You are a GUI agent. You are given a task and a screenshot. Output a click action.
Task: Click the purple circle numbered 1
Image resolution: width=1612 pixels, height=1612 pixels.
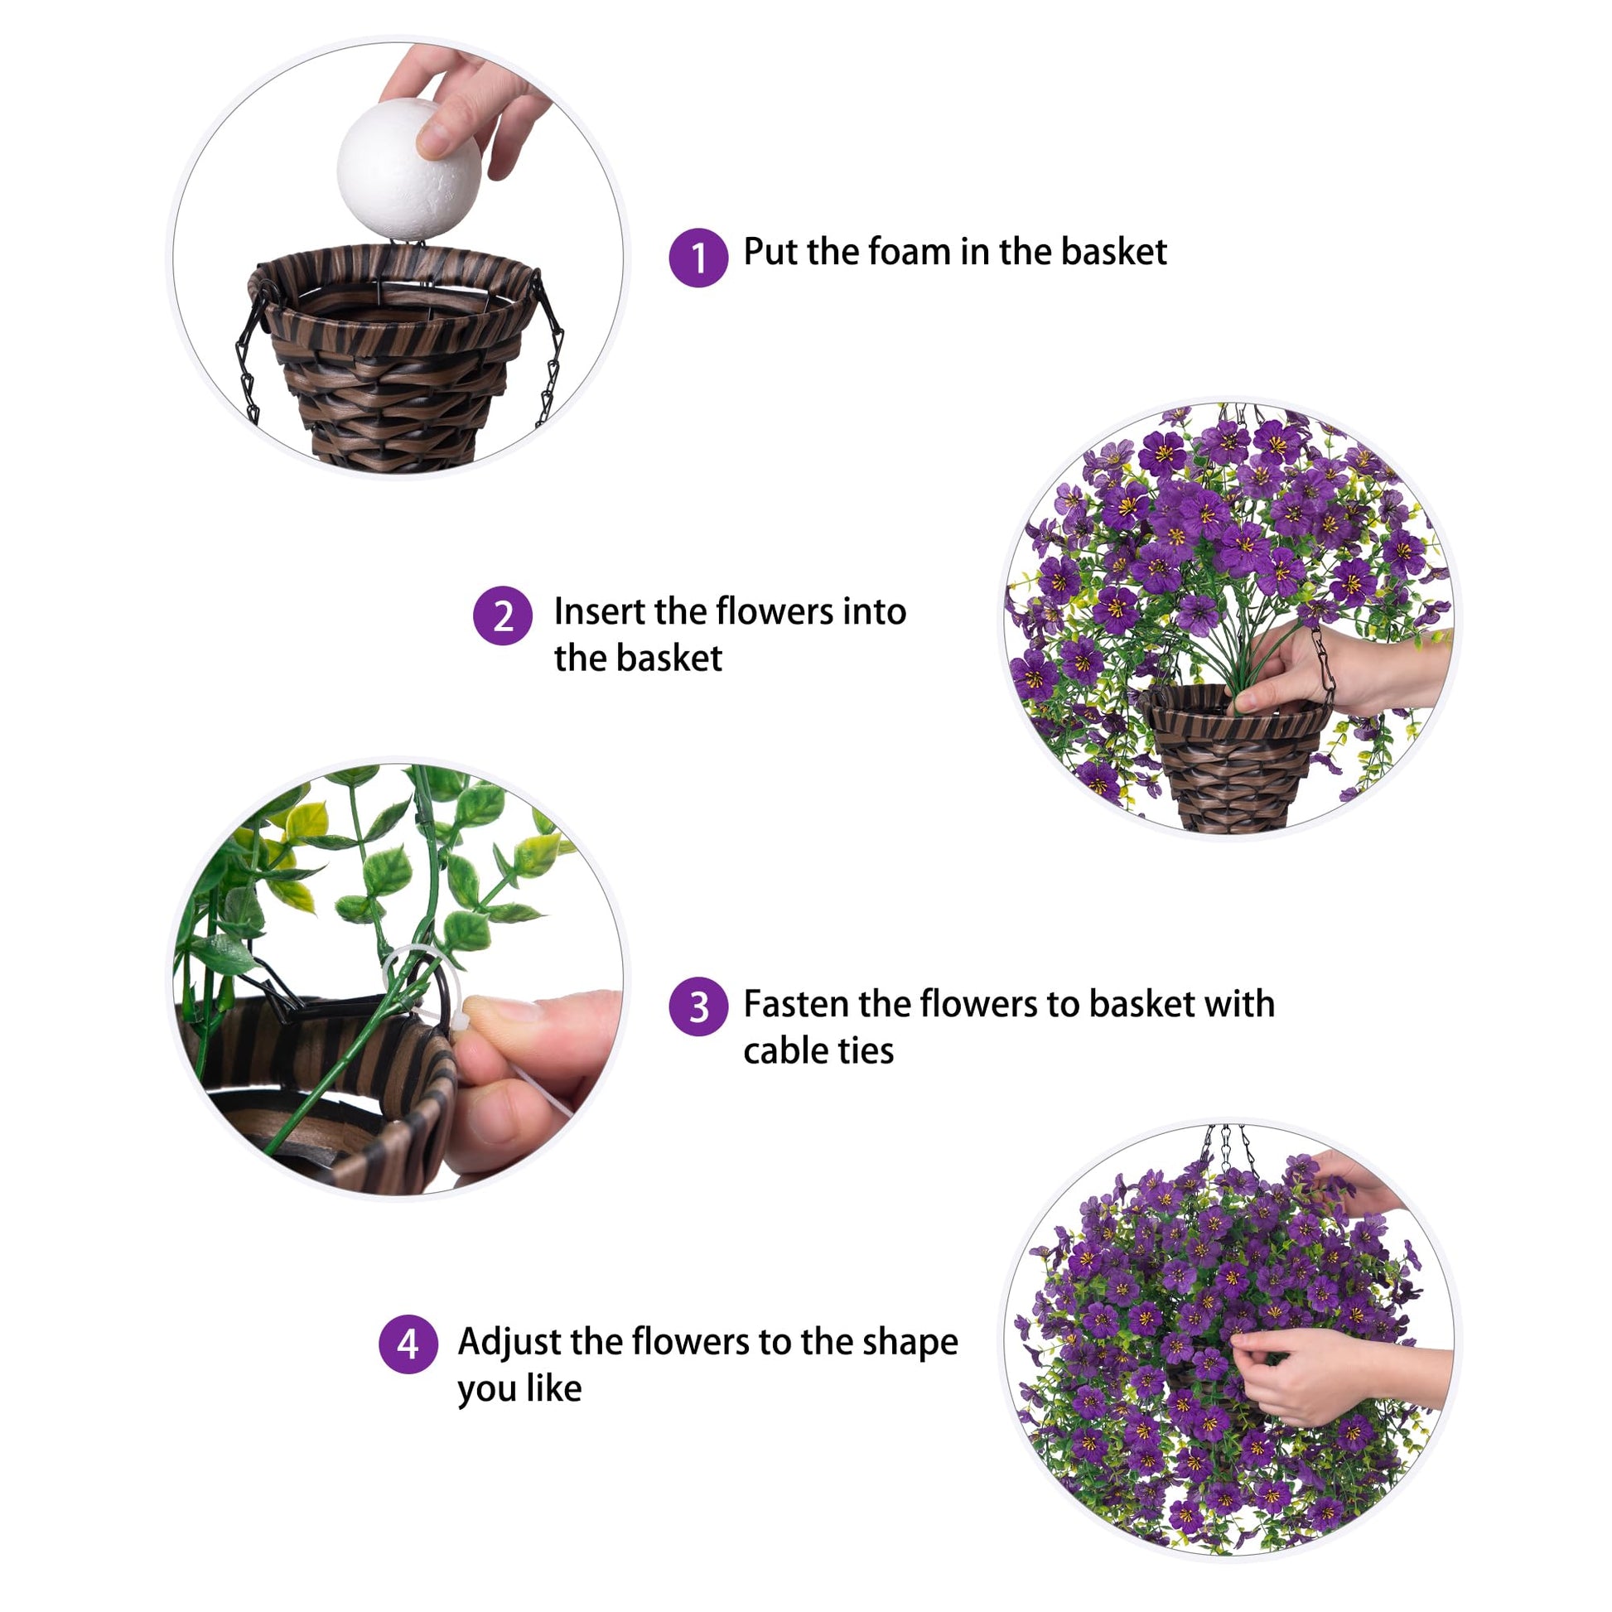(698, 257)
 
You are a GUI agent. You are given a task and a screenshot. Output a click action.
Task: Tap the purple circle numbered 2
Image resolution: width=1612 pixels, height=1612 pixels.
(502, 616)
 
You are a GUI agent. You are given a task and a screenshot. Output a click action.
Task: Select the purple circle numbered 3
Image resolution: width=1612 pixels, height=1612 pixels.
(698, 1007)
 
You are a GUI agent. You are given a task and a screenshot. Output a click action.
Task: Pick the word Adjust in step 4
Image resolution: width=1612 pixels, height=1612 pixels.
(509, 1343)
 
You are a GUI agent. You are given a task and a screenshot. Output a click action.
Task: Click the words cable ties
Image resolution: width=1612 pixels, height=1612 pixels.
(818, 1050)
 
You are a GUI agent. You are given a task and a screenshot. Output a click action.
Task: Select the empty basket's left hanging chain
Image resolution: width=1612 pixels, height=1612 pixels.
(249, 355)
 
